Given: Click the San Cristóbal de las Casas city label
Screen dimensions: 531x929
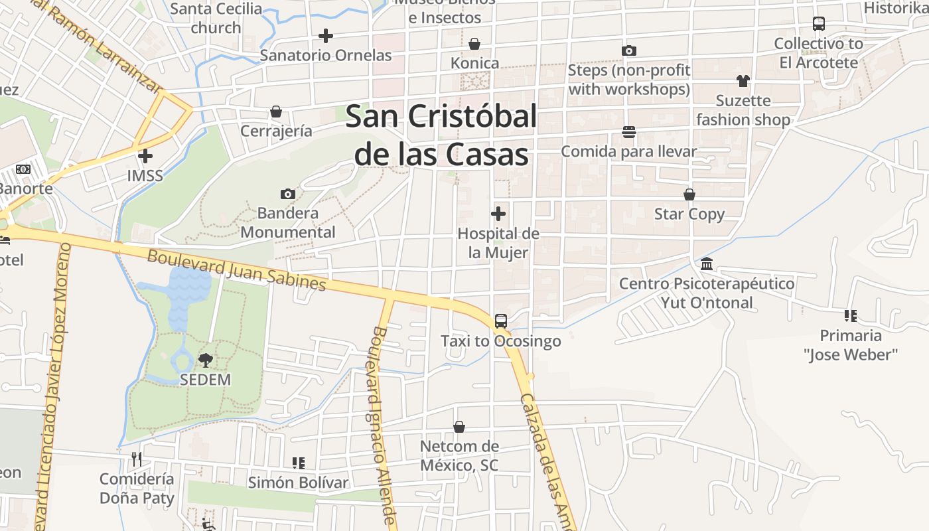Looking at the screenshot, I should (441, 135).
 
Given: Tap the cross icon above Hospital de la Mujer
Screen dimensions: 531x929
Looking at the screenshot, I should (498, 214).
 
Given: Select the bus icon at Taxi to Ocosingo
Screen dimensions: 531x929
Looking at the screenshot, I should (501, 321).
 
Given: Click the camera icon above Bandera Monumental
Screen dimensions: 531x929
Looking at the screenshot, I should (287, 194).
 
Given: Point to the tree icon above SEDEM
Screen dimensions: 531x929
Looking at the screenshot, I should (206, 360).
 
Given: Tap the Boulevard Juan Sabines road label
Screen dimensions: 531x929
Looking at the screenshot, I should (237, 269).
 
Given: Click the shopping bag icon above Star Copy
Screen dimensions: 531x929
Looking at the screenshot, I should (689, 194).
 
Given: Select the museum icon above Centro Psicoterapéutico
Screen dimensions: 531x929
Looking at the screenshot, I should (707, 264).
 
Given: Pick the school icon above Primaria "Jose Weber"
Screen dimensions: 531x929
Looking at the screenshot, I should (851, 315).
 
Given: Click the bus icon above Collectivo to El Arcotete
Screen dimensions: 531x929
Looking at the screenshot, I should (819, 24).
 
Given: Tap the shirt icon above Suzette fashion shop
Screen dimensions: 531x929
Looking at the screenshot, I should (743, 81).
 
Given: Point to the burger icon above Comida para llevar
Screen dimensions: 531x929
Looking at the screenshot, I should (629, 132).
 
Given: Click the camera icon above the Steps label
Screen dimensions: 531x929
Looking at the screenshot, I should (629, 50).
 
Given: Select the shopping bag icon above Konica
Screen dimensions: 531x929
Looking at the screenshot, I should (474, 44).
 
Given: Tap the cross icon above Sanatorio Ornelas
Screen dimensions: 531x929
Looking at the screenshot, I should (326, 35).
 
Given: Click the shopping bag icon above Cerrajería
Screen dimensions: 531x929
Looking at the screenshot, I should (276, 112).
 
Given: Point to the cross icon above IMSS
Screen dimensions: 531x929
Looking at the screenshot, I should (145, 156).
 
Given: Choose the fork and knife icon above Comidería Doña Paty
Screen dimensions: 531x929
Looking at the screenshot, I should (137, 459).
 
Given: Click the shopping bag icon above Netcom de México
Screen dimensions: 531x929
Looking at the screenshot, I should (459, 426).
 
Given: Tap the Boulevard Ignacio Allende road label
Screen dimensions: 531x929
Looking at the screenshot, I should (383, 425).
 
